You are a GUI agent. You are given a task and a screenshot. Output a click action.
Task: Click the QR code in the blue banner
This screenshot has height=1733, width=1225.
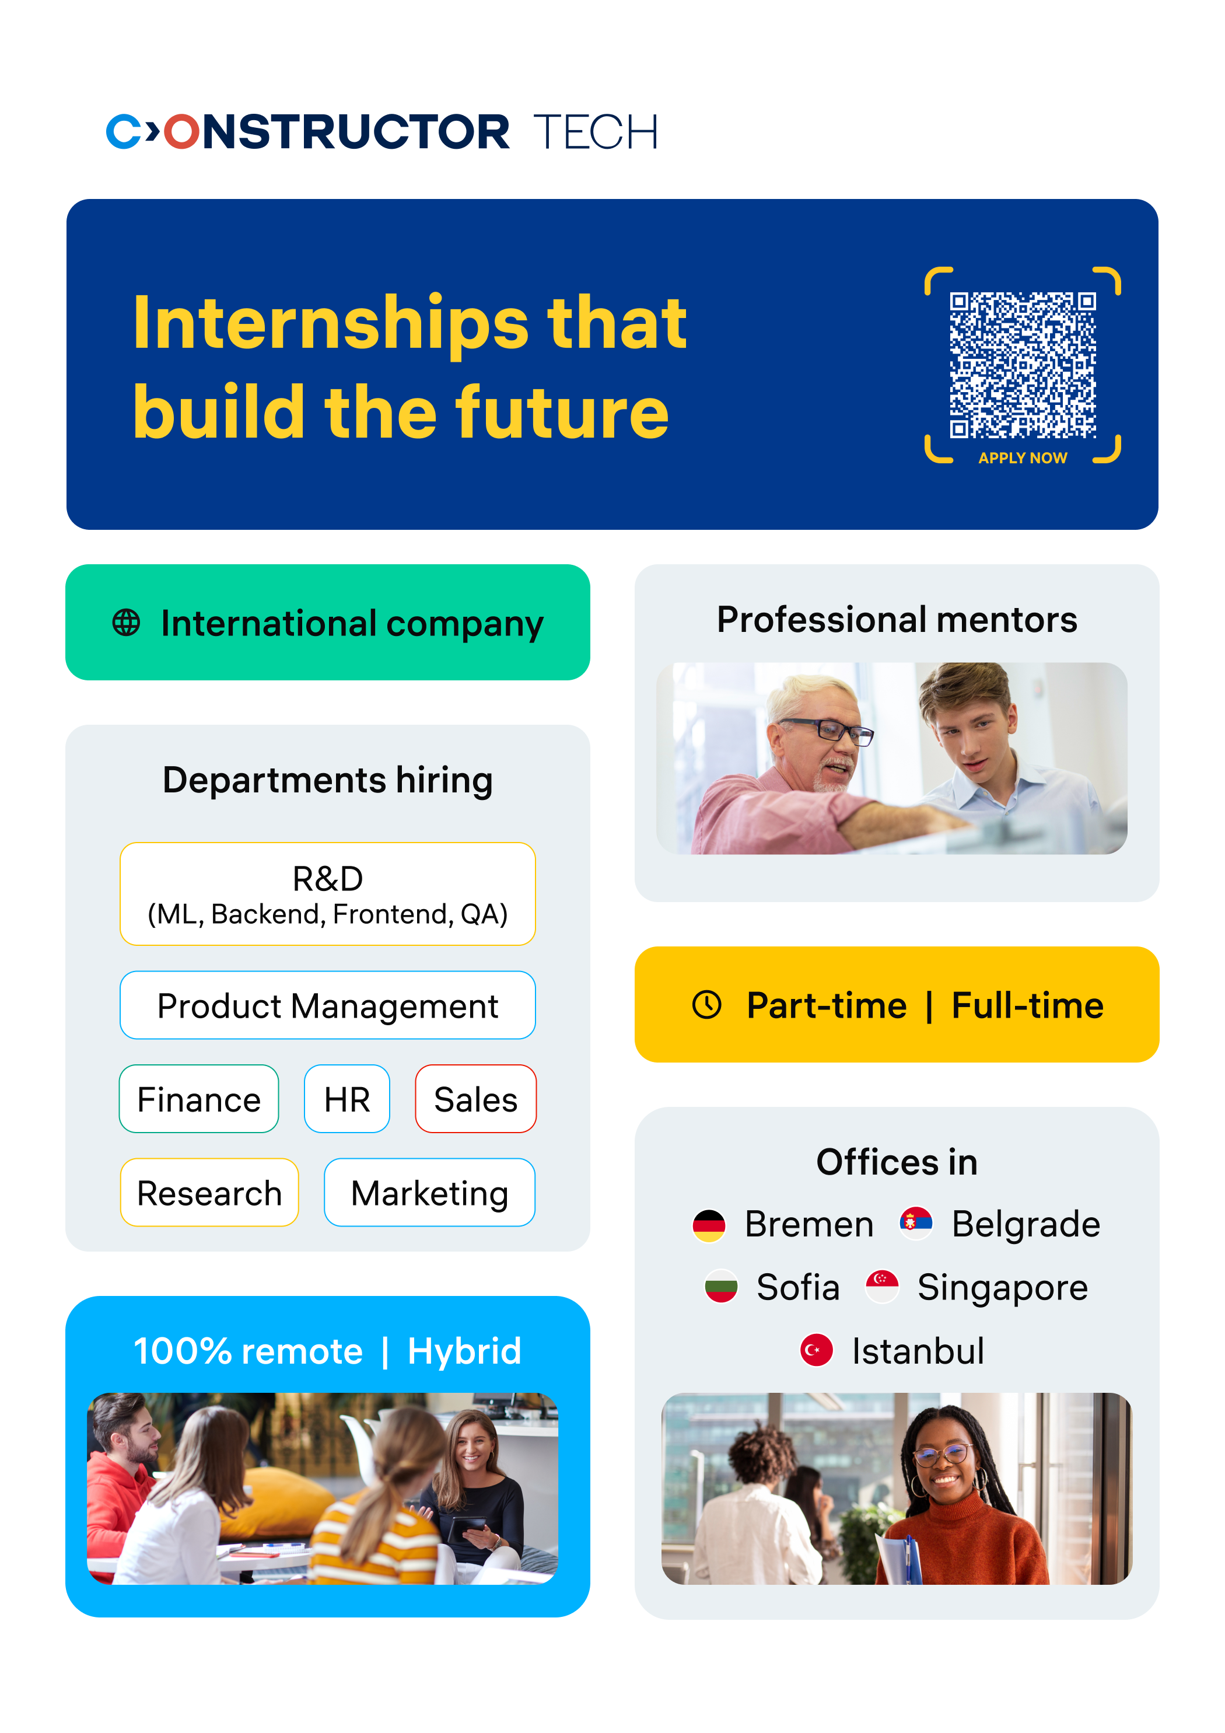[x=1023, y=365]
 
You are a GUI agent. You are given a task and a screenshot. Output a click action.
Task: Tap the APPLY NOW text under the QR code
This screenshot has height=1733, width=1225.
[x=1023, y=458]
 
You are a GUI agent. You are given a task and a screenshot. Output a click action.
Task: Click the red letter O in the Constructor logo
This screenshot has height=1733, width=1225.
[x=181, y=132]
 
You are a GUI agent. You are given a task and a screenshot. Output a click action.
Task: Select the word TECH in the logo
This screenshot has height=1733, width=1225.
[x=596, y=132]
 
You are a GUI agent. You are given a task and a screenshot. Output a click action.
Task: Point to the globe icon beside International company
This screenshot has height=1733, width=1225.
[x=126, y=623]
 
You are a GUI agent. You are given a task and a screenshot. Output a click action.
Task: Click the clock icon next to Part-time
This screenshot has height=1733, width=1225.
[x=707, y=1005]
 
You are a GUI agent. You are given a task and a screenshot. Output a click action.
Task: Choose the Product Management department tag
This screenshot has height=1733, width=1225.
[x=328, y=1005]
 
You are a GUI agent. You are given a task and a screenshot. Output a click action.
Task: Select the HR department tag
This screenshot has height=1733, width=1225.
[x=347, y=1099]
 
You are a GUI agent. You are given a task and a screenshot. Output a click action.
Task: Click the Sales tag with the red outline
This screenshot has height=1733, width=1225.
[x=475, y=1099]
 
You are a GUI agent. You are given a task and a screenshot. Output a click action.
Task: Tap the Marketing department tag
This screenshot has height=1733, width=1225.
[x=429, y=1193]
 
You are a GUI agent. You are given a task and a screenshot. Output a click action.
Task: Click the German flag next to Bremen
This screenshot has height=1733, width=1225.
[x=709, y=1225]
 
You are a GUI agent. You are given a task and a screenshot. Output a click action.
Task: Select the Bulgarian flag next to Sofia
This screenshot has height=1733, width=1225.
[x=721, y=1287]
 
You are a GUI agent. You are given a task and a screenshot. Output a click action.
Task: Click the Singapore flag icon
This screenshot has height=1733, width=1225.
[x=881, y=1286]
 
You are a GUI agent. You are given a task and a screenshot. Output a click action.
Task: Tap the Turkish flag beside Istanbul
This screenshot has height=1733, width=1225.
[x=816, y=1350]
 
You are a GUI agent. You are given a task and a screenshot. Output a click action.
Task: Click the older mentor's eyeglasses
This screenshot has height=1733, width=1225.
[x=829, y=730]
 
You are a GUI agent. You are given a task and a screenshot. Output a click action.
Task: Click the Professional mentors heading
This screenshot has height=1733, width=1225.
[x=897, y=620]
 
